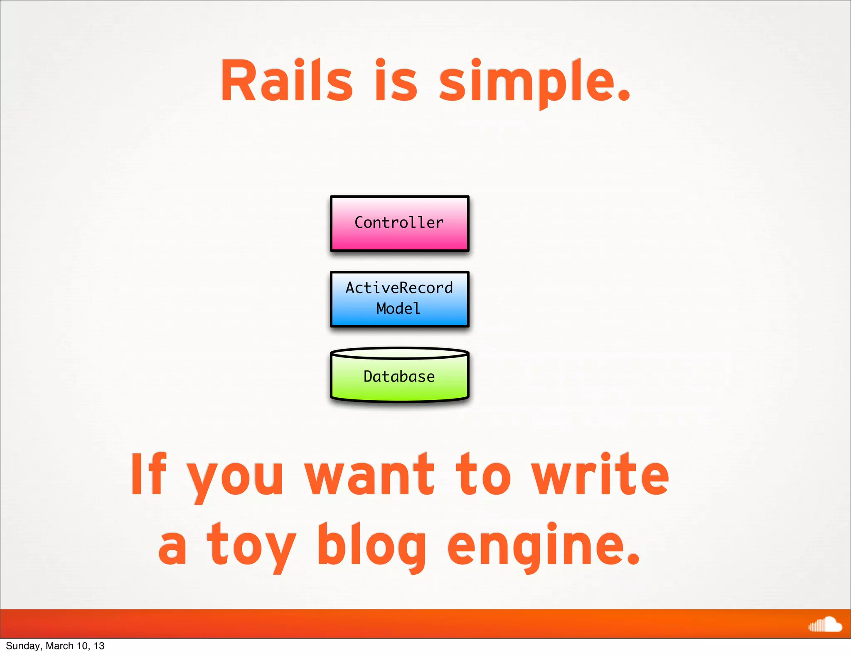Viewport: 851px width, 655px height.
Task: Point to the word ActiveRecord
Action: click(x=399, y=288)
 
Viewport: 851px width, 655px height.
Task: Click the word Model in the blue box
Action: click(x=398, y=308)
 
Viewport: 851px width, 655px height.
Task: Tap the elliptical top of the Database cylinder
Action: click(x=399, y=353)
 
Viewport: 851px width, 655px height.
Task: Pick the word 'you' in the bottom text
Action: click(x=235, y=478)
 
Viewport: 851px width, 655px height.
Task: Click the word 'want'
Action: click(x=369, y=475)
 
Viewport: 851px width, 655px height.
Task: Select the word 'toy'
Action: click(x=251, y=545)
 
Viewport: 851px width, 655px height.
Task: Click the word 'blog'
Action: click(x=372, y=545)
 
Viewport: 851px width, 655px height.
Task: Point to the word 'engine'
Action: click(x=536, y=545)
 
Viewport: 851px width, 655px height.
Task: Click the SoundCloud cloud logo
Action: click(x=825, y=624)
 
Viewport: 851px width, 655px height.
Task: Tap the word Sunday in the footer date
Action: click(x=23, y=646)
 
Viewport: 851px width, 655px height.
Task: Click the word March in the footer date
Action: click(x=59, y=646)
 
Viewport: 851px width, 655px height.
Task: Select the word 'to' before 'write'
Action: click(x=483, y=475)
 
